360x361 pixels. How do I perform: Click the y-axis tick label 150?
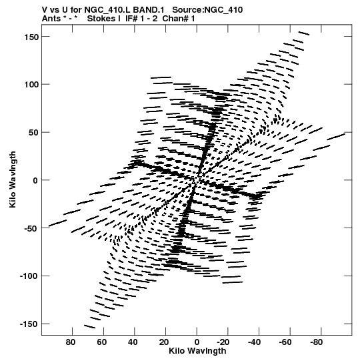[x=31, y=37]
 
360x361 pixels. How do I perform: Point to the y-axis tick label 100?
[x=31, y=85]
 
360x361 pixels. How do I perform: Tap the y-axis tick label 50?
[x=33, y=133]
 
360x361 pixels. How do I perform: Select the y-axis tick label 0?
[x=35, y=180]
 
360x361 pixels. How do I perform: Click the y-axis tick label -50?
[x=31, y=228]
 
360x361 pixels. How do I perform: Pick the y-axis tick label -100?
[x=29, y=276]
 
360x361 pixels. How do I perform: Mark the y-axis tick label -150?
[x=29, y=324]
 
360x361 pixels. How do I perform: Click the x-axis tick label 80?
[x=71, y=342]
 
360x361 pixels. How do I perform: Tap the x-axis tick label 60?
[x=102, y=342]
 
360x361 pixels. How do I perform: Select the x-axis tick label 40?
[x=133, y=342]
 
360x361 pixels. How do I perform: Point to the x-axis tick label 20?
[x=164, y=342]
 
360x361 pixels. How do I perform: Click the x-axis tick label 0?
[x=197, y=342]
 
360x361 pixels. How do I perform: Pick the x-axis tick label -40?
[x=254, y=342]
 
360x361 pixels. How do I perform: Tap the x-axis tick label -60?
[x=285, y=342]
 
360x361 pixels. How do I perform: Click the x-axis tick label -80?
[x=316, y=342]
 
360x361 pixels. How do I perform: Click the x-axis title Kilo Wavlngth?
[x=197, y=351]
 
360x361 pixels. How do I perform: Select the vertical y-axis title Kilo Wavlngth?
[x=13, y=179]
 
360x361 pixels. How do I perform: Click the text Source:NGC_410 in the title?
[x=207, y=10]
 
